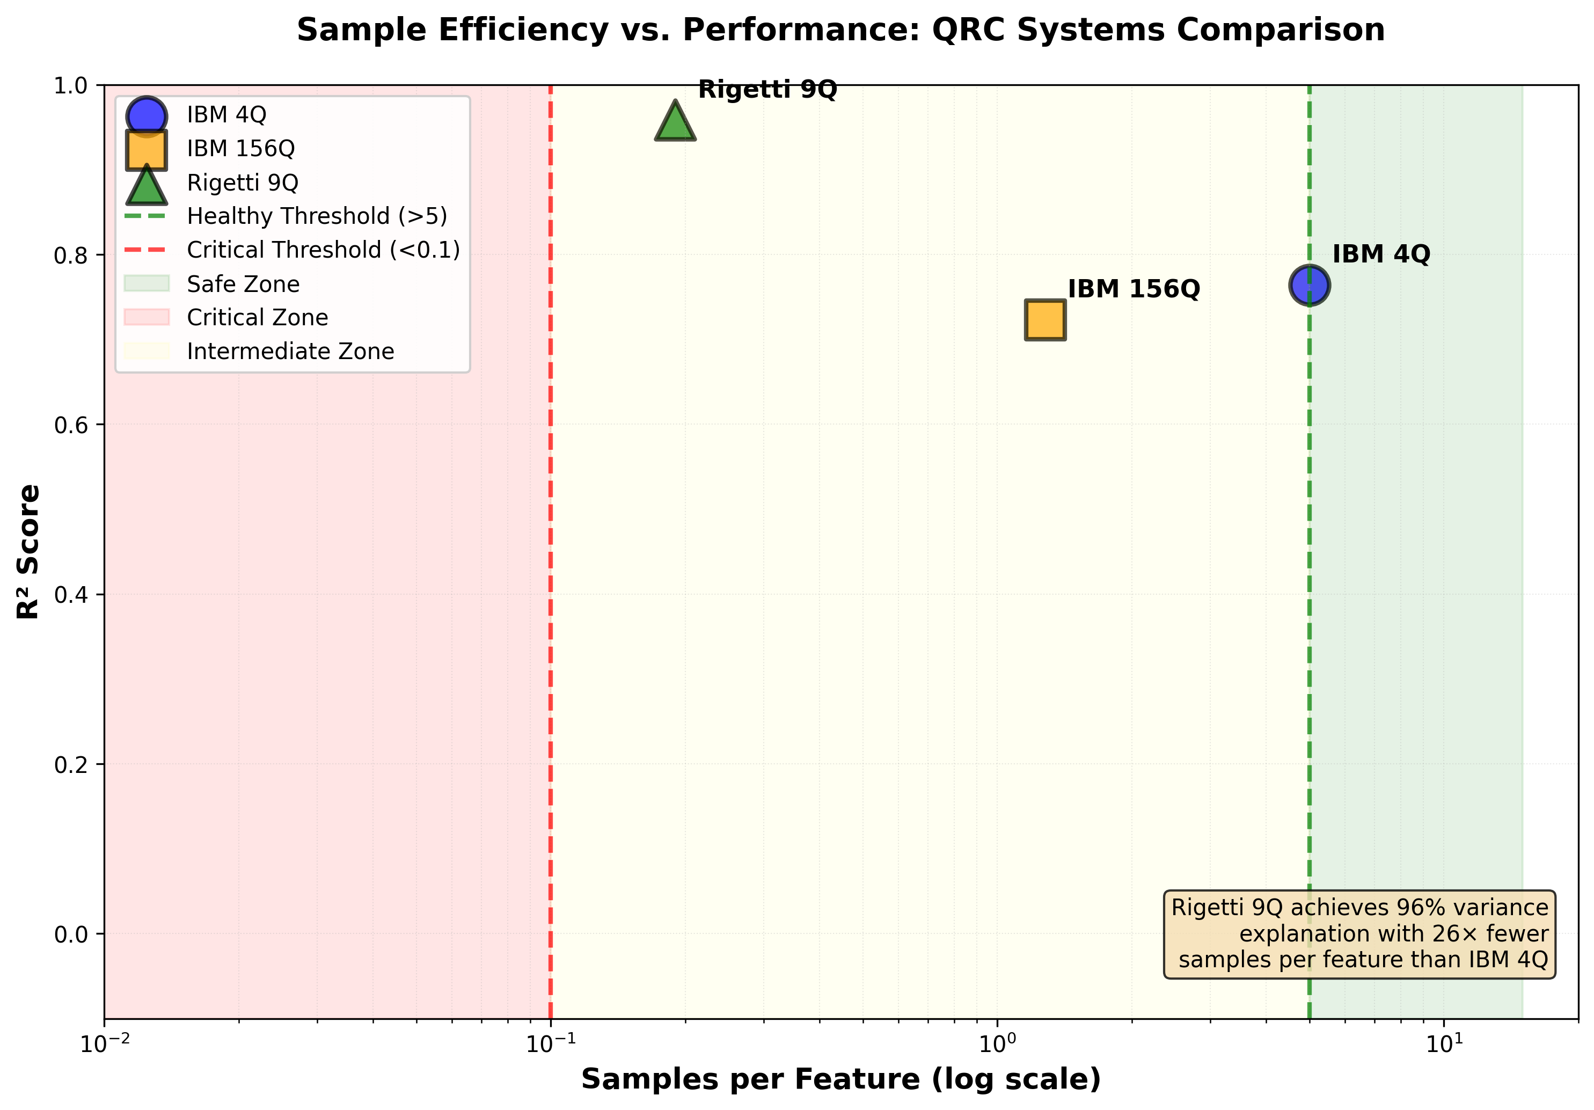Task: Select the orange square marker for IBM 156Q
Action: click(1045, 320)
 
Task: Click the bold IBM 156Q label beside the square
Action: click(1133, 289)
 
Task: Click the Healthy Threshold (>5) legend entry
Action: click(317, 216)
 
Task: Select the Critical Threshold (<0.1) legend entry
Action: click(323, 250)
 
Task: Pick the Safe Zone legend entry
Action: click(243, 284)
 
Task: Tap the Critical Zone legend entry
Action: click(257, 317)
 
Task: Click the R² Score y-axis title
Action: click(29, 551)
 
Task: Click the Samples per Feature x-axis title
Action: click(840, 1079)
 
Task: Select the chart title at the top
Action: click(840, 31)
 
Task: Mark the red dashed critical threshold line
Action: click(551, 625)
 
